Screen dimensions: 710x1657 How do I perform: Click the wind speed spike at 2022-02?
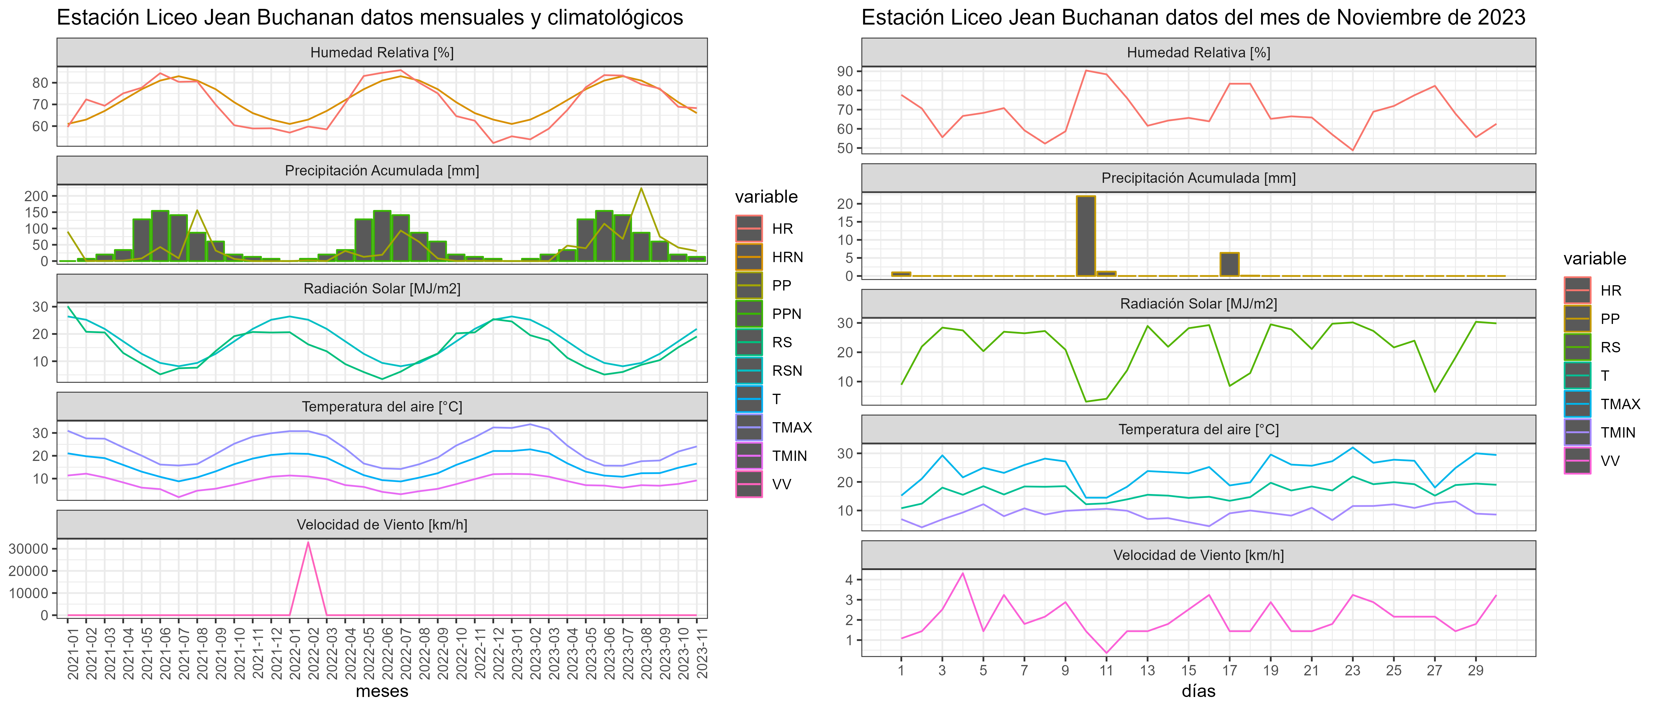308,543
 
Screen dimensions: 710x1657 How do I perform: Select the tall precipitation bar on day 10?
1086,235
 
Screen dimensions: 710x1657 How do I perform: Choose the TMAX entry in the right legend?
1620,404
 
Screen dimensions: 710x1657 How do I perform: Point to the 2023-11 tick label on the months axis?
702,653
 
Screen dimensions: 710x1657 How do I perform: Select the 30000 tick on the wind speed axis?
28,548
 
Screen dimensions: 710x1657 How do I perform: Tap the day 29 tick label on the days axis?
1476,670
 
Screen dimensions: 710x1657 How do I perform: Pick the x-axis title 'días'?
1198,691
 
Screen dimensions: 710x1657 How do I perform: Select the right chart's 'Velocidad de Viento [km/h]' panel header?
1198,555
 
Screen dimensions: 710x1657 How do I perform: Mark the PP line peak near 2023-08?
641,188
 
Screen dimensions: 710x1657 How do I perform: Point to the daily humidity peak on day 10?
1086,71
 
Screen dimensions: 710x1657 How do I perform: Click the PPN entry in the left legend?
786,314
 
